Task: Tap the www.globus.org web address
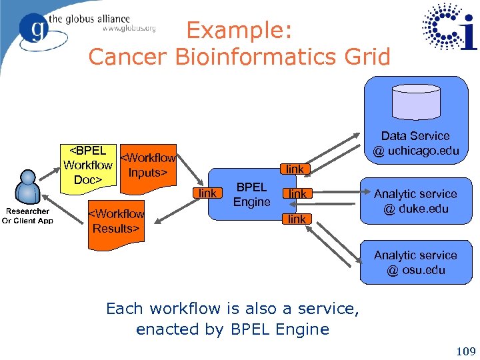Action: point(129,28)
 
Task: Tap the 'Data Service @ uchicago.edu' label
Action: point(415,143)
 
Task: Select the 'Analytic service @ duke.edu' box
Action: point(415,201)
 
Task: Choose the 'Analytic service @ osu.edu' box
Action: point(415,263)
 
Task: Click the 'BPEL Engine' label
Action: point(251,195)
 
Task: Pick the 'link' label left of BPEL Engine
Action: point(208,193)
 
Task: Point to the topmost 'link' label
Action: point(295,169)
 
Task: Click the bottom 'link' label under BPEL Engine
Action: point(296,219)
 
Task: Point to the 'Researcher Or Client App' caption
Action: point(27,216)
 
